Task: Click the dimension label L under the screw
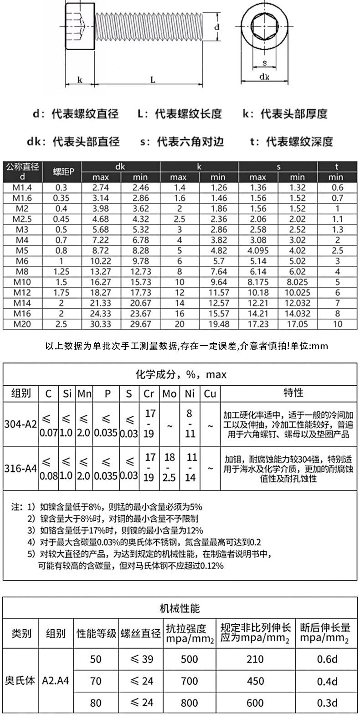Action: tap(153, 80)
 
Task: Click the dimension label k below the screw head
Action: tap(80, 80)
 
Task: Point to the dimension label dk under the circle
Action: tap(264, 77)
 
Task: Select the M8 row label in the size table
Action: tap(23, 271)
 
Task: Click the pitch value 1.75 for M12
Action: tap(62, 292)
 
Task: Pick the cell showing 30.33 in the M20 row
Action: tap(101, 324)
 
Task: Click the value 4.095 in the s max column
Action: tap(258, 250)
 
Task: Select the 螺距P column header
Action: tap(62, 171)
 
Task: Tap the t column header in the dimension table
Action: tap(337, 166)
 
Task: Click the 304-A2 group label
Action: tap(21, 425)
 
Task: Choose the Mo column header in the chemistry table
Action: tap(169, 393)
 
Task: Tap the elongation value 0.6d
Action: tap(327, 659)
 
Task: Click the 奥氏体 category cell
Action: tap(20, 681)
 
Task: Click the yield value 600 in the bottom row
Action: tap(255, 703)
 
